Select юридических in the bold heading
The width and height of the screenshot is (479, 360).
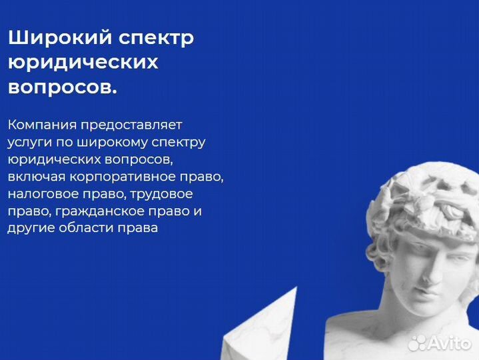83,63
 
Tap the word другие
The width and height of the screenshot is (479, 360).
29,229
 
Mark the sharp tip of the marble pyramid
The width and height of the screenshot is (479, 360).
294,289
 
